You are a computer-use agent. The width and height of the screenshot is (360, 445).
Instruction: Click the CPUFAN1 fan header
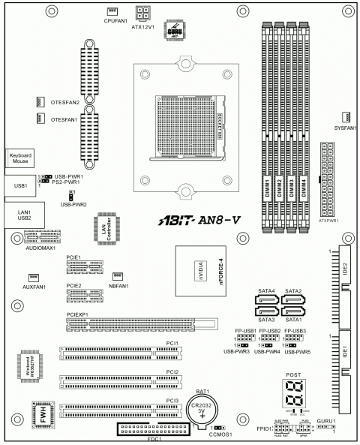112,11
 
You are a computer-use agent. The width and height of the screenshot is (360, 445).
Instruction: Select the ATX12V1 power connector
142,12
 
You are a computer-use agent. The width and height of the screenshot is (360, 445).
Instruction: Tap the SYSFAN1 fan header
347,117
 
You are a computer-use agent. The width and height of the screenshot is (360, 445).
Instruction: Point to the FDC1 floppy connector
154,430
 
